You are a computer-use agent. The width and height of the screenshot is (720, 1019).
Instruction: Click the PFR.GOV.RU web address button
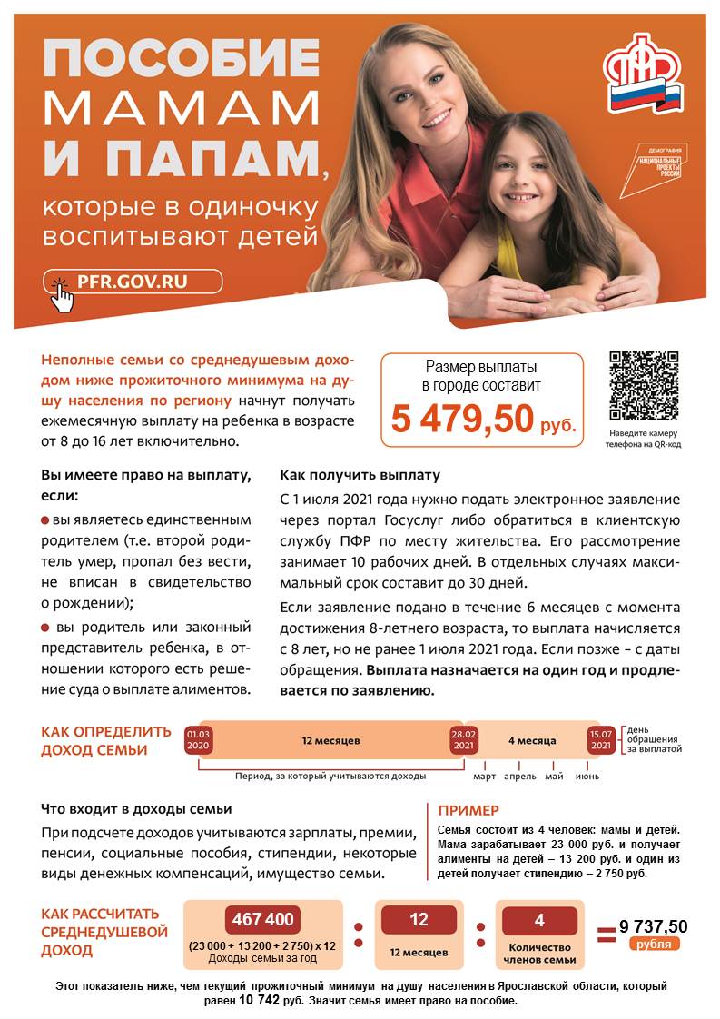tap(133, 282)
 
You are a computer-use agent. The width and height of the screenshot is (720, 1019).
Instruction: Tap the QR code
tap(644, 386)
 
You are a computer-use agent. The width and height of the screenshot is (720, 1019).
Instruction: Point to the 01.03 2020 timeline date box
tap(198, 740)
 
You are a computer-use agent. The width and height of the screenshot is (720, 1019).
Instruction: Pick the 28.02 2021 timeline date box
tap(463, 740)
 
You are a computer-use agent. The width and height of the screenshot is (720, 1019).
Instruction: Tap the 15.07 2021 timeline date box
tap(600, 740)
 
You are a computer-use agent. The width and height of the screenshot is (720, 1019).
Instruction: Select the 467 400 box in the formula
tap(263, 919)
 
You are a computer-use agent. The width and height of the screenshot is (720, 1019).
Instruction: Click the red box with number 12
tap(419, 919)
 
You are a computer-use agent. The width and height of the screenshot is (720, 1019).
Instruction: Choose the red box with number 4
tap(539, 919)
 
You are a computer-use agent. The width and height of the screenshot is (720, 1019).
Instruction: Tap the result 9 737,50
tap(654, 926)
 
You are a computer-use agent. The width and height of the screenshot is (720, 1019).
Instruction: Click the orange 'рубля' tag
tap(654, 944)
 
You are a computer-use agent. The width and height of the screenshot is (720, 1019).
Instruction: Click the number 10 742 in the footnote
tap(259, 1001)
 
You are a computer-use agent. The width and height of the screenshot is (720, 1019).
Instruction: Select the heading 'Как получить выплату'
tap(360, 475)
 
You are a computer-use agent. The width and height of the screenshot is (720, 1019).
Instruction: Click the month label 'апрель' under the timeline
tap(520, 777)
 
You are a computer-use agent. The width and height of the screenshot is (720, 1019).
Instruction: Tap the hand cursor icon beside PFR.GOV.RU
tap(62, 293)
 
